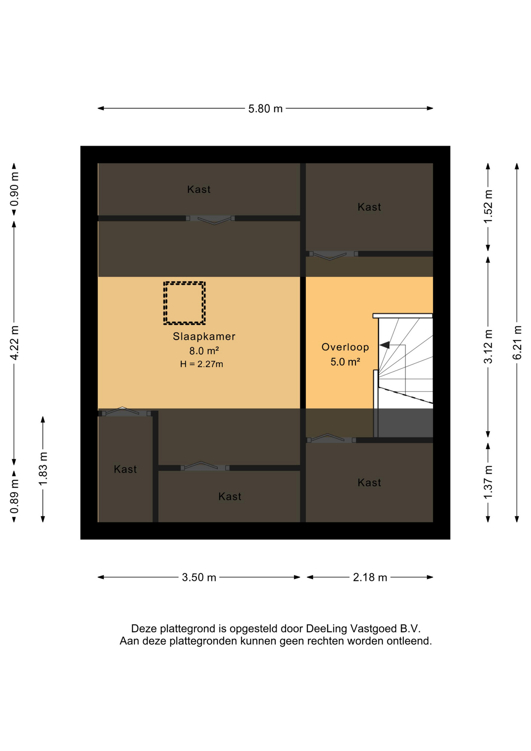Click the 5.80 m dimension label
265,109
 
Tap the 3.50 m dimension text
199,577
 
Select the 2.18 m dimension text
370,577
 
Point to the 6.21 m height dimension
517,342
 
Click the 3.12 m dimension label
488,347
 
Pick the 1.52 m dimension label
488,207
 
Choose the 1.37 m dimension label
488,482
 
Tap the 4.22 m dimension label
14,342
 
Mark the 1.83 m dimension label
43,469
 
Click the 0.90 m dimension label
14,189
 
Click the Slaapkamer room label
204,336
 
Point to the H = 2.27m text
202,364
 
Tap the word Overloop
345,347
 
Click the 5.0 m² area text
345,362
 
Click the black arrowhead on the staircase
385,345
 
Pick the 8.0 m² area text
204,350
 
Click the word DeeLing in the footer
326,629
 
